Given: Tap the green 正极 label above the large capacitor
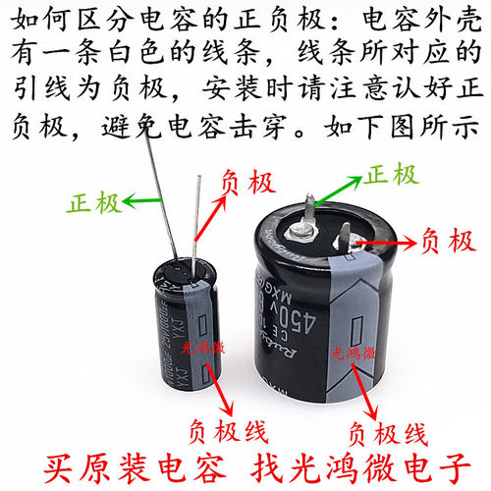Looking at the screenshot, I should coord(389,175).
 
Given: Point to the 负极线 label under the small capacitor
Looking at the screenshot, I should coord(227,429).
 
